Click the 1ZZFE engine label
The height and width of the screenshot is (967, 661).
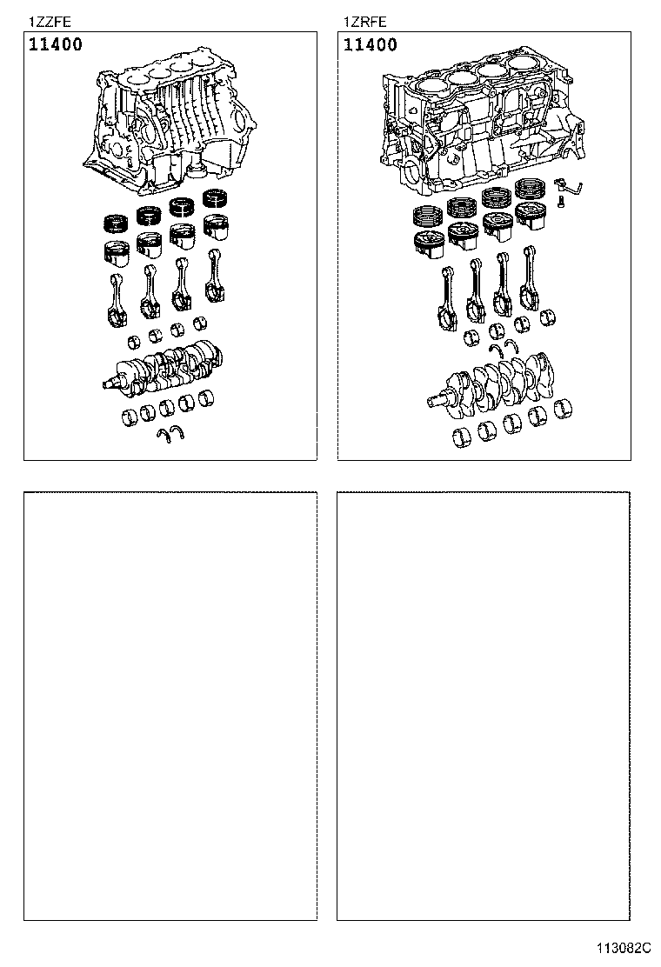(x=50, y=22)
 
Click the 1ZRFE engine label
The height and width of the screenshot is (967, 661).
(x=364, y=22)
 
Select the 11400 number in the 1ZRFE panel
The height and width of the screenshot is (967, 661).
(x=371, y=44)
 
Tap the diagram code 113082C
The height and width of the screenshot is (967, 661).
(x=623, y=947)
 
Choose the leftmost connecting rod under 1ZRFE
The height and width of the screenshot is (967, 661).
(x=449, y=296)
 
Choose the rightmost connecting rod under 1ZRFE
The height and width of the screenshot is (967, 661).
(x=529, y=277)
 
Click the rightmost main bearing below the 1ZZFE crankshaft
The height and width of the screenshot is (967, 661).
(x=207, y=399)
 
